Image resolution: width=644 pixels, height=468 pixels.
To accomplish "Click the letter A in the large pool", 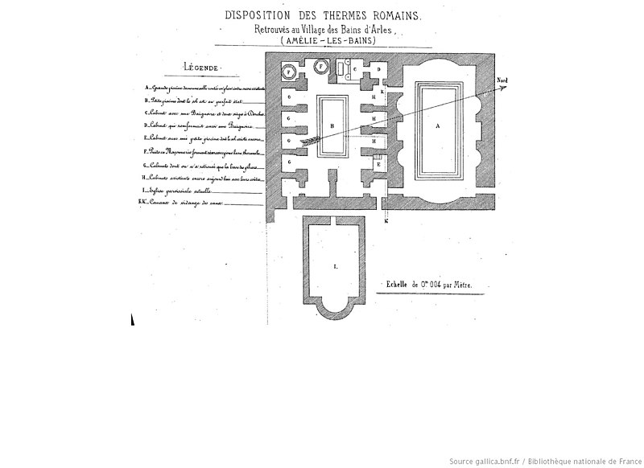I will [439, 126].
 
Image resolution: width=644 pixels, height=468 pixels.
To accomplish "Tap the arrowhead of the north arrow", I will [506, 88].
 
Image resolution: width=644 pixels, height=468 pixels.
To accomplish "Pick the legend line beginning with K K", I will [176, 202].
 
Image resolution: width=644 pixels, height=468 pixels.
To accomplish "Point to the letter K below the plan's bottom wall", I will [386, 220].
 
